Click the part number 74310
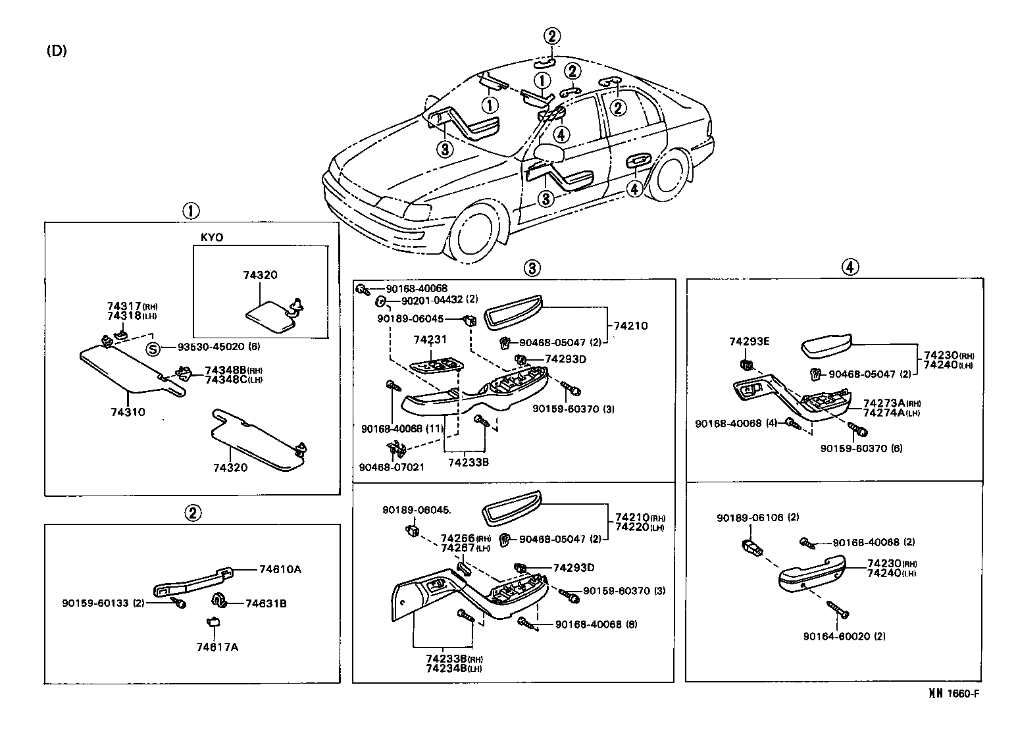click(x=128, y=413)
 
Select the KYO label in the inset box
click(x=211, y=237)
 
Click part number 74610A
click(x=280, y=569)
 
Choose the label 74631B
click(x=266, y=603)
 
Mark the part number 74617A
click(x=216, y=647)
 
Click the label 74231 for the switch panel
click(x=430, y=340)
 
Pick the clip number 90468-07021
click(x=392, y=467)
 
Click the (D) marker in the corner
click(x=56, y=51)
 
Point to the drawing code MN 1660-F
click(x=957, y=693)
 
